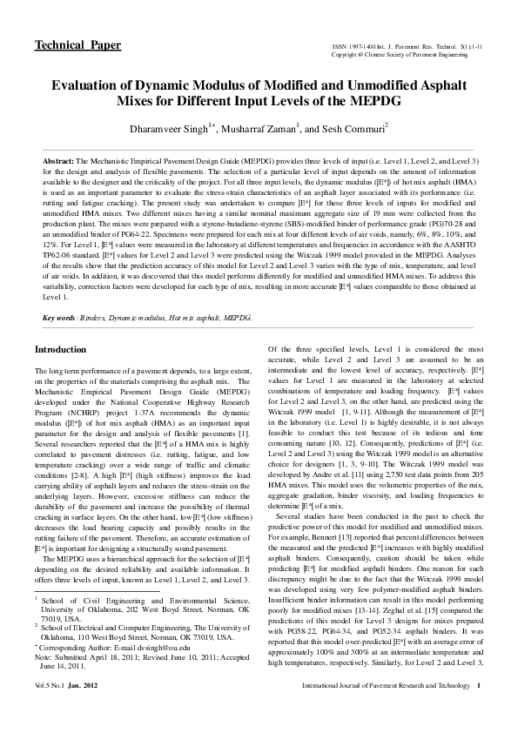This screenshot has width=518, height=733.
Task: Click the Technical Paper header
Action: point(77,45)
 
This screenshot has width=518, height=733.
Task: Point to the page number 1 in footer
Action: point(480,711)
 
